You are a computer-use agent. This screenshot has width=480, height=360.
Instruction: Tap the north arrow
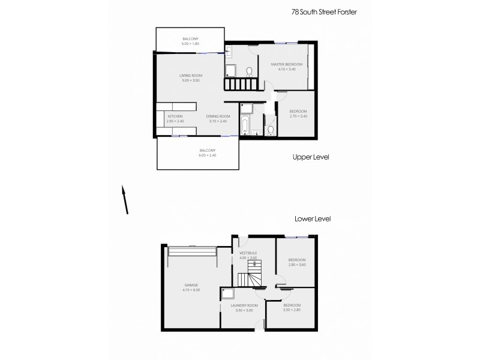tap(125, 199)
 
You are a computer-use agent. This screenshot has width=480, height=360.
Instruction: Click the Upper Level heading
tap(311, 157)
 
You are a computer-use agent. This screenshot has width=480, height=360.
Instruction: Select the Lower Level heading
tap(313, 219)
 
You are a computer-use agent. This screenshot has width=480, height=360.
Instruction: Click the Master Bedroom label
tap(286, 64)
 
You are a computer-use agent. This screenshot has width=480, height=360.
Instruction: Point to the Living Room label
tap(191, 76)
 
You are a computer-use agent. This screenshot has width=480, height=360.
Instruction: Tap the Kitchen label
tap(175, 116)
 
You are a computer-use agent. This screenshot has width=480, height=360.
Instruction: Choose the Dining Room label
tap(218, 116)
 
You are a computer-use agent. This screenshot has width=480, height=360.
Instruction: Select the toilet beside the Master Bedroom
tap(249, 71)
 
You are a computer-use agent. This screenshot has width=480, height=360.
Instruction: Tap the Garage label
tap(191, 285)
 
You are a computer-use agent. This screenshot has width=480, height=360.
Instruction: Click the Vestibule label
tap(248, 253)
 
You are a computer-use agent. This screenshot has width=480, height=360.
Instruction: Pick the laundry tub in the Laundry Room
tap(228, 293)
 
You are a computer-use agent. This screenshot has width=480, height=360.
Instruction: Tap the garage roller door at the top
tap(192, 250)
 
